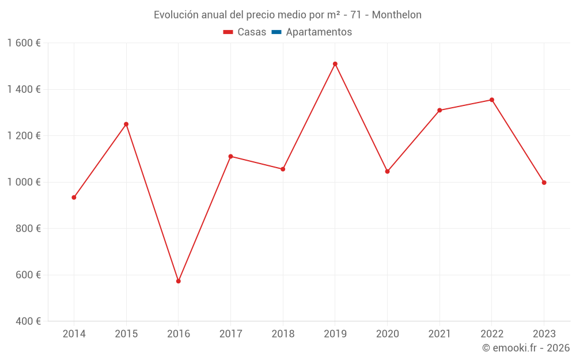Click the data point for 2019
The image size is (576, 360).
coord(335,64)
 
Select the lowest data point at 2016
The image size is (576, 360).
coord(179,281)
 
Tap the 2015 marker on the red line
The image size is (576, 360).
coord(126,124)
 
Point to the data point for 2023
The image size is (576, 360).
coord(544,183)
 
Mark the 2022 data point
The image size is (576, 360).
coord(491,100)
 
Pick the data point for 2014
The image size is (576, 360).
coord(74,198)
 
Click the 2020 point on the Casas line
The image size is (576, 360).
coord(387,171)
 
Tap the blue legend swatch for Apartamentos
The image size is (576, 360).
coord(276,32)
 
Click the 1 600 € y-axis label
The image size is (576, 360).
coord(24,43)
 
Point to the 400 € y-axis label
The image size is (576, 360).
coord(28,321)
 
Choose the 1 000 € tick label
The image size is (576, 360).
coord(24,182)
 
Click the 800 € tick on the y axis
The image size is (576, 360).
coord(28,229)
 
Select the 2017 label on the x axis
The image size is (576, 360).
coord(230,334)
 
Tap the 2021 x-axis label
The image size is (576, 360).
coord(439,334)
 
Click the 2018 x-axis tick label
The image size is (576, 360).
coord(283,334)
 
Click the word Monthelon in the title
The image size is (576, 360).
coord(396,15)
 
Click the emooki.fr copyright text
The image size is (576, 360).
coord(526,348)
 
